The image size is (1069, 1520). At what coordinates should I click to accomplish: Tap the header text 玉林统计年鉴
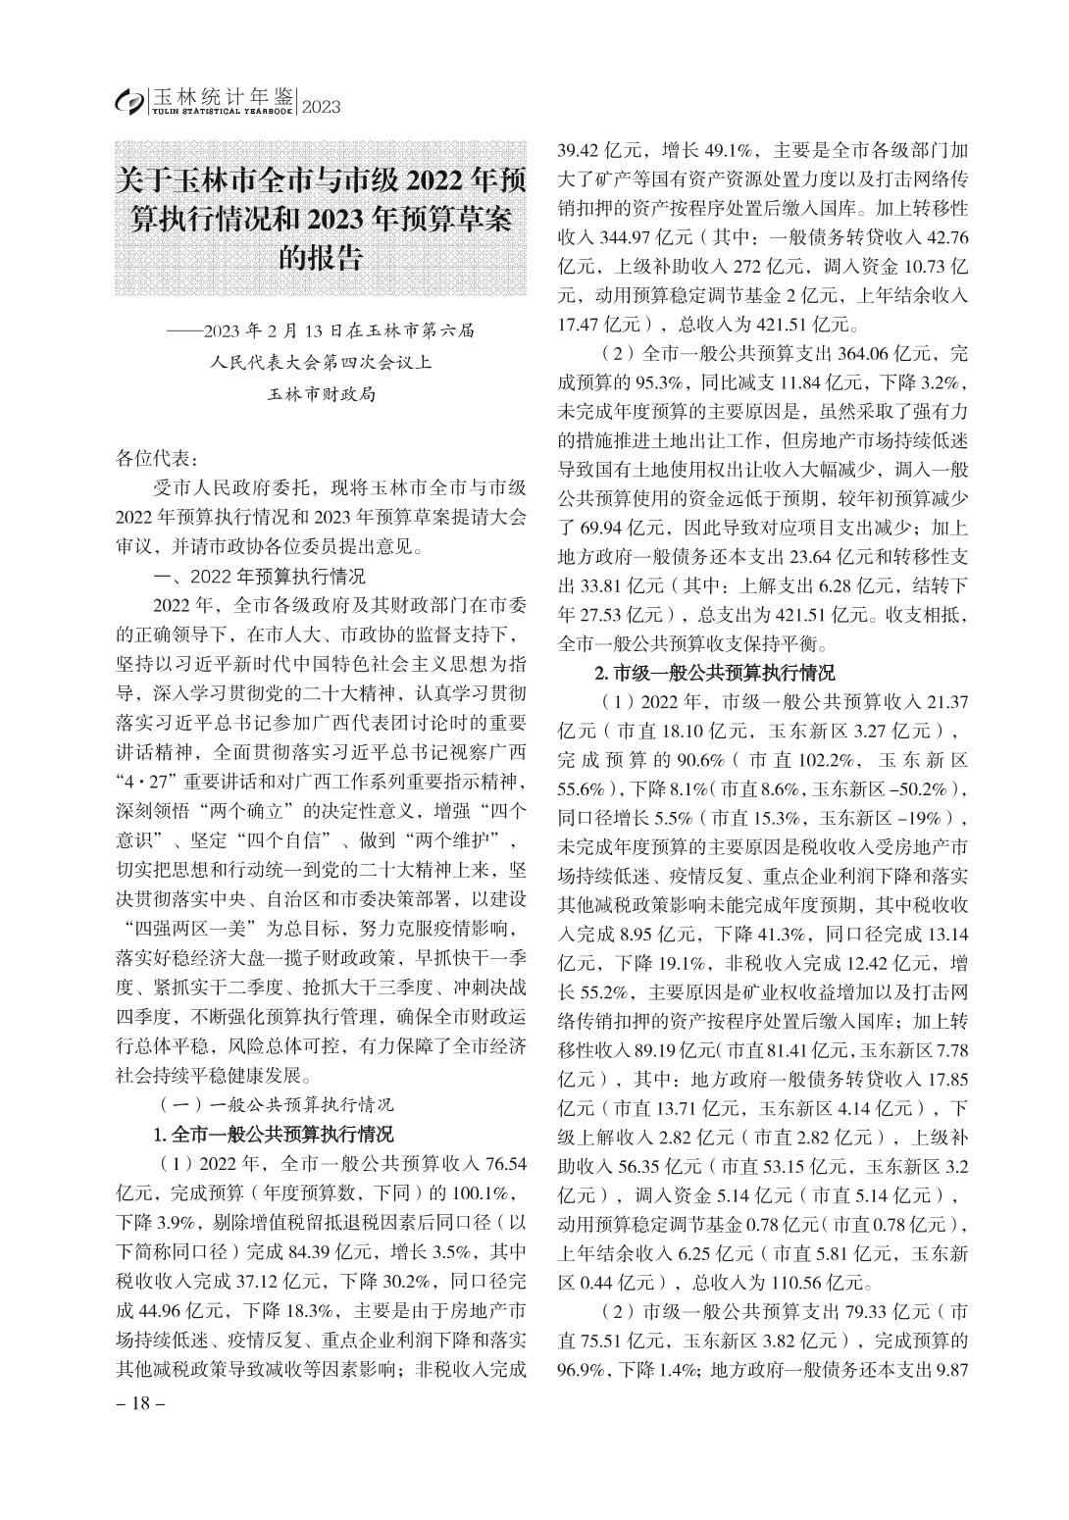click(223, 96)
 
